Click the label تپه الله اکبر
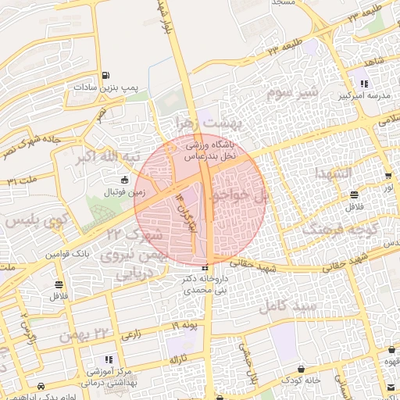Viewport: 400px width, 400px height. tap(108, 157)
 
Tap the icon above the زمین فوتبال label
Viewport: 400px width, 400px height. tap(125, 180)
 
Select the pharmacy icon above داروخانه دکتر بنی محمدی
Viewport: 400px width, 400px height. tap(205, 269)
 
